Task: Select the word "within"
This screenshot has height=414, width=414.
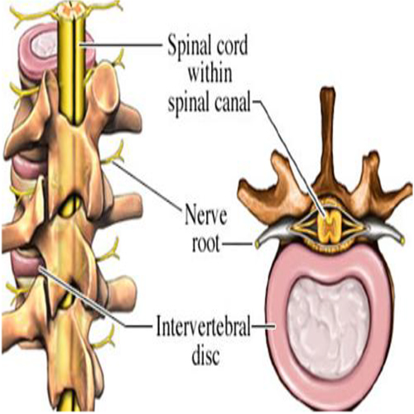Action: click(210, 73)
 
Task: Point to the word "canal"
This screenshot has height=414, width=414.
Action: click(231, 102)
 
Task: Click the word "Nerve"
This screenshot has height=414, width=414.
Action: click(206, 214)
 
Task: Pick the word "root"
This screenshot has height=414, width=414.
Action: click(206, 243)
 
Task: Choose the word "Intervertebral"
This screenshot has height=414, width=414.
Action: click(203, 326)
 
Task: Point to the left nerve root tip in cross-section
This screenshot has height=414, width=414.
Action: click(258, 243)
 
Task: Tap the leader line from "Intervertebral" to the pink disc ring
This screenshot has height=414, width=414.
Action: click(263, 326)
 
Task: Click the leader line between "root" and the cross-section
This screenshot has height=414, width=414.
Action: click(238, 243)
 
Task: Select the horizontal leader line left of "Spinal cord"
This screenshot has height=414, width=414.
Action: click(121, 45)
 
